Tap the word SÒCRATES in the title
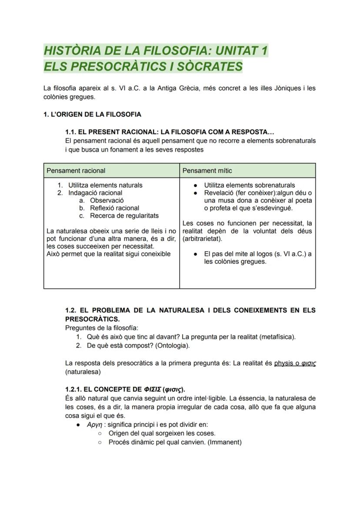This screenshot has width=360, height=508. point(208,66)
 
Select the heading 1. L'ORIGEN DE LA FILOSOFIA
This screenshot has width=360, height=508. point(92,114)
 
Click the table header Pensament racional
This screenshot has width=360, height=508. point(76,170)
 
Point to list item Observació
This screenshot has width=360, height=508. point(107,200)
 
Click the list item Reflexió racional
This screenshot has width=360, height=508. point(114,208)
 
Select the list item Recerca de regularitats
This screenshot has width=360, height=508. point(124,216)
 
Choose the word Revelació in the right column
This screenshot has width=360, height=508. point(219,193)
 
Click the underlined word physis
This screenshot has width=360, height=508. point(283,363)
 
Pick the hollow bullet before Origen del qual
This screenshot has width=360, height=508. point(100,433)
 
